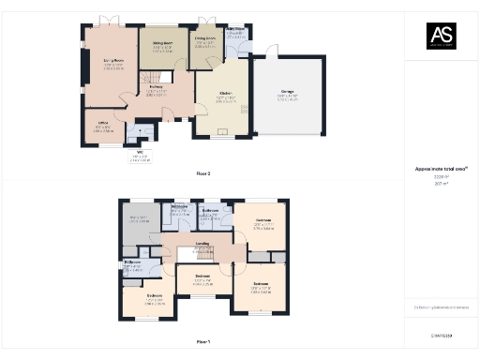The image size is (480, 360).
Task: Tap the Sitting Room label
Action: point(162,43)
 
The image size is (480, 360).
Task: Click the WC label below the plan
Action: point(139,155)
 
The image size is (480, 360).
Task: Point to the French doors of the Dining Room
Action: point(207,21)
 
